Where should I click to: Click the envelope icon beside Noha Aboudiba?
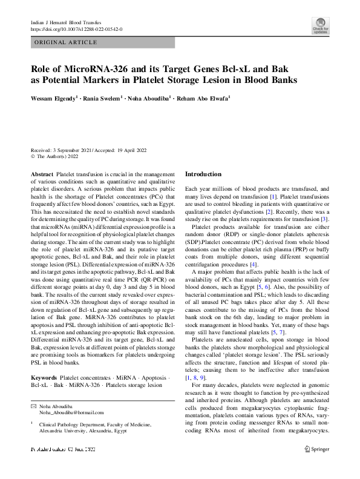[33, 405]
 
